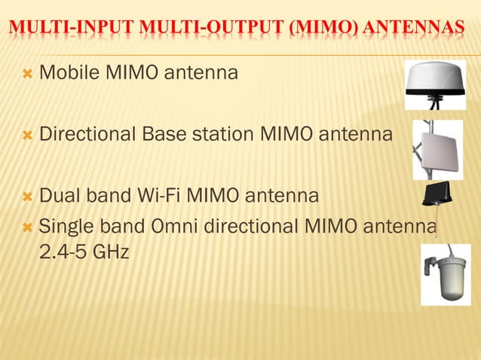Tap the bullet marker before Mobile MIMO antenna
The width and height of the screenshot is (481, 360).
point(28,75)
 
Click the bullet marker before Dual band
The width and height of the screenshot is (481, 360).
point(28,197)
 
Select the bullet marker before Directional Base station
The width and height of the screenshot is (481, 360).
point(28,136)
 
